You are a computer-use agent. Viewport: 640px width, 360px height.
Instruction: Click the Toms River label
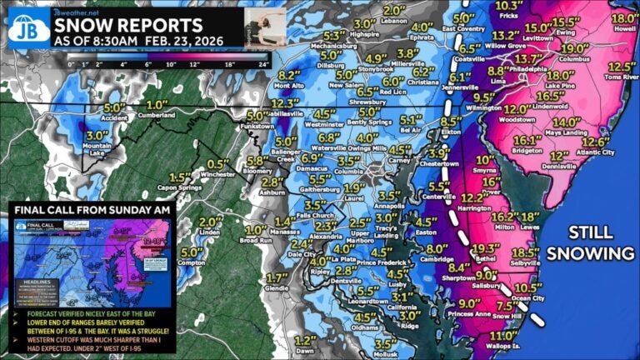click(617, 77)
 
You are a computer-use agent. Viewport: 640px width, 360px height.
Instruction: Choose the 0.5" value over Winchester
click(219, 163)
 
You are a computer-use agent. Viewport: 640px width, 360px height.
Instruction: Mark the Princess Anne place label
click(467, 314)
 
